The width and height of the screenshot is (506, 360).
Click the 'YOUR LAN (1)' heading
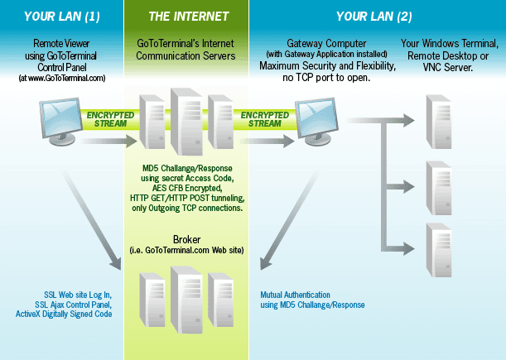pos(61,17)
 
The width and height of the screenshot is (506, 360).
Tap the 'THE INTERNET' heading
pos(189,17)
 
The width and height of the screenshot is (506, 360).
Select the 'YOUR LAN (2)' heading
pos(374,17)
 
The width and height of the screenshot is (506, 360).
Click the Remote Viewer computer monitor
pos(60,122)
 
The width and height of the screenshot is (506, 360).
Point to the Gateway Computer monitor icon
pos(316,122)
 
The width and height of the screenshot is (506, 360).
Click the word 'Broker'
pos(187,240)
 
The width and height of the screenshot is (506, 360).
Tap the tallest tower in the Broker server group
pos(186,300)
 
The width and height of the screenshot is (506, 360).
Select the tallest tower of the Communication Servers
pos(186,122)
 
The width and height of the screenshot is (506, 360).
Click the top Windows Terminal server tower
pos(439,122)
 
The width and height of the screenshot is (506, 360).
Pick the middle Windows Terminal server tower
pos(439,188)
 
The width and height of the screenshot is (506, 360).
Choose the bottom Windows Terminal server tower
pos(439,250)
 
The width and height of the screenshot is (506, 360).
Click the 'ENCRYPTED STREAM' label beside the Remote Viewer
pos(110,119)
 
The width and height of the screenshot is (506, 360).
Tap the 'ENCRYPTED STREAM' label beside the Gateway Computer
pos(265,119)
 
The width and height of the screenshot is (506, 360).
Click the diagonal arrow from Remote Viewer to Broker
pos(92,220)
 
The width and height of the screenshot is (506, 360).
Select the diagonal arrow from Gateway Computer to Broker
pos(290,220)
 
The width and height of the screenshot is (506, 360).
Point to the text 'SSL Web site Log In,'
pos(78,295)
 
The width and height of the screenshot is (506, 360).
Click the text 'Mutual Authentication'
pos(296,295)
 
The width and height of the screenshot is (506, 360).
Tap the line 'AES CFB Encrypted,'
pos(187,188)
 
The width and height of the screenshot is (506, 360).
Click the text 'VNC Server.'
pos(448,67)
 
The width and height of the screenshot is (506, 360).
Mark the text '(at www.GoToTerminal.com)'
pos(62,78)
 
